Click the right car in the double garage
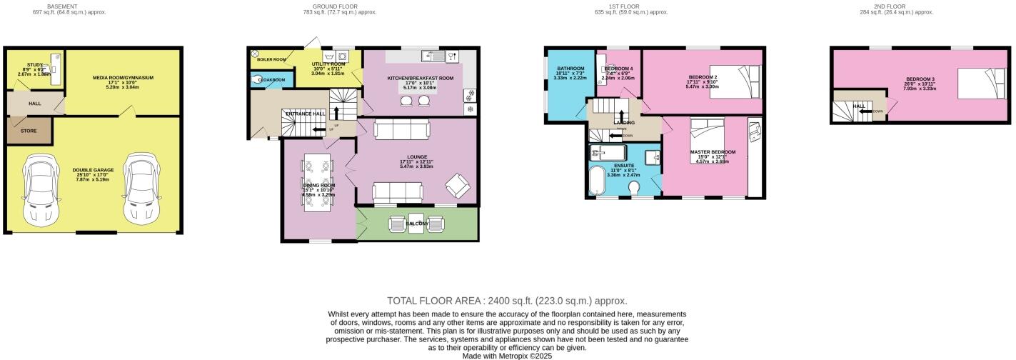138,189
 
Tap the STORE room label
28,131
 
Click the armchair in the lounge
458,187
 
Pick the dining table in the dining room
318,184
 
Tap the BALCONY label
418,224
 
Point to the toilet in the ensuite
635,187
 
